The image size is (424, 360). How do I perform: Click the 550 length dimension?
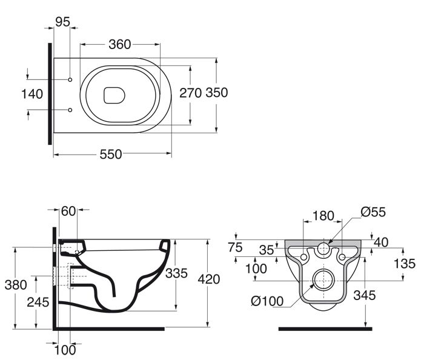point(111,155)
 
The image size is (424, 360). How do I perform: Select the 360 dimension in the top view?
point(121,44)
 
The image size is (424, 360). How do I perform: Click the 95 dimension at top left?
point(63,22)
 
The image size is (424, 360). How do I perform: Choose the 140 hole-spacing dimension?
point(31,94)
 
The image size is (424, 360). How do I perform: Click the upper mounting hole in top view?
point(71,79)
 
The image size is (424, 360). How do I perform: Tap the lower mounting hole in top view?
point(71,110)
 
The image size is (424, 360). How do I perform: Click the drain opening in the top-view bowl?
point(114,95)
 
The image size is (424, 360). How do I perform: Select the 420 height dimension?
point(209,279)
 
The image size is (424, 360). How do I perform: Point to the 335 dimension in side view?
point(177,273)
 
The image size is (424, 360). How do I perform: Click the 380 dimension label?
point(15,284)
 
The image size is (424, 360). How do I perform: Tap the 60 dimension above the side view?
point(68,211)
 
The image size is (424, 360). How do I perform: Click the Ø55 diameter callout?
point(373,212)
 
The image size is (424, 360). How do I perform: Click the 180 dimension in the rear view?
point(322,215)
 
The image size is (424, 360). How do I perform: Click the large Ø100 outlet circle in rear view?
point(322,279)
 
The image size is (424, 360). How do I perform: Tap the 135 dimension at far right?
point(404,263)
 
